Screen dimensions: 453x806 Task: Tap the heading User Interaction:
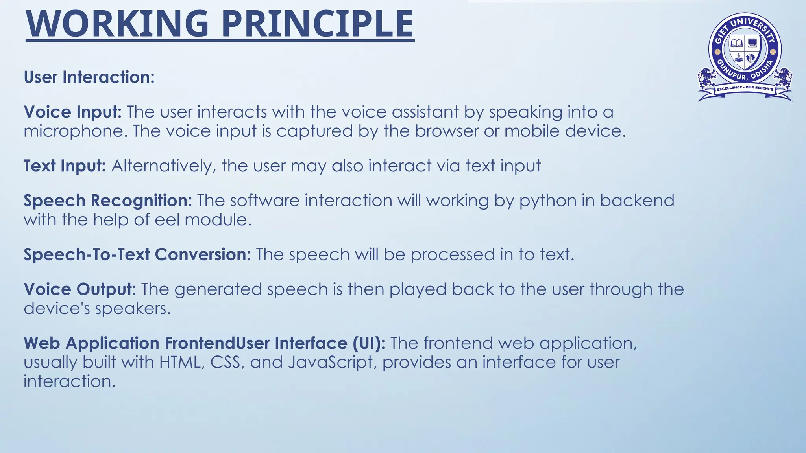click(x=89, y=77)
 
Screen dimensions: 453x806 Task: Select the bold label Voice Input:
click(x=73, y=112)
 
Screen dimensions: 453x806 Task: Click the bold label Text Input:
click(x=65, y=166)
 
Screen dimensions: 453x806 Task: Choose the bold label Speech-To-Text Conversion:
click(x=137, y=254)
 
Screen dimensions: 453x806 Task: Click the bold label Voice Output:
click(x=80, y=289)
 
